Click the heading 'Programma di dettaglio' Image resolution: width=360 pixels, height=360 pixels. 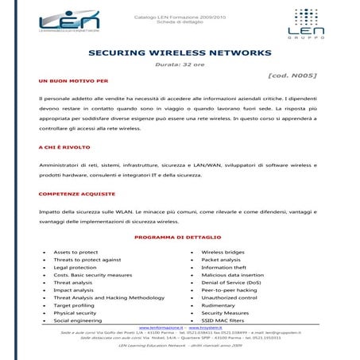tap(179, 238)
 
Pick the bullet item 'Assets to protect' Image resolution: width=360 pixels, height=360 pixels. tap(75, 252)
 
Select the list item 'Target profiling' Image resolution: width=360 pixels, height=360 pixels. tap(74, 305)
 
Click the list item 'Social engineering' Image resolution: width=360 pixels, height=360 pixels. tap(77, 320)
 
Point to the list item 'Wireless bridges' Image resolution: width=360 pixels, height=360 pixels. tap(223, 252)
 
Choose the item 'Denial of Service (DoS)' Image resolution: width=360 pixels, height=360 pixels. tap(233, 282)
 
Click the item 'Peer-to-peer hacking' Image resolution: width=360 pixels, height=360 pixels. tap(230, 290)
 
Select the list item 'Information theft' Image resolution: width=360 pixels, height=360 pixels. tap(224, 267)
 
